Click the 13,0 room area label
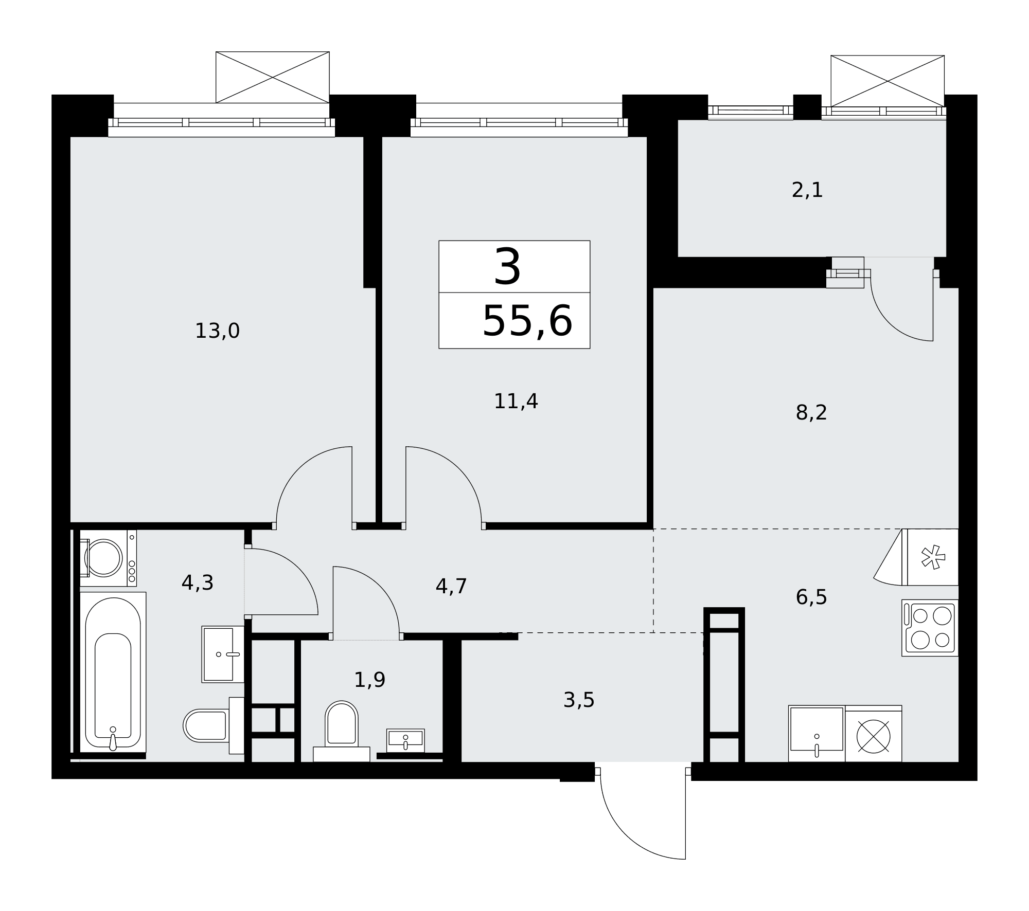217,331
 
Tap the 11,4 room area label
516,402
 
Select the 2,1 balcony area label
807,190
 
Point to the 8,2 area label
811,412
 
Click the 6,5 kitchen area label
811,597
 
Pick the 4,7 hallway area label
451,587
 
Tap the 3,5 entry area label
579,700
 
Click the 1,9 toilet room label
369,680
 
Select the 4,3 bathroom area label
197,583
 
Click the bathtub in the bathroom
113,672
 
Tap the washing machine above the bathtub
108,558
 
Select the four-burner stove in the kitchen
930,628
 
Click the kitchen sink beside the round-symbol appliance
817,734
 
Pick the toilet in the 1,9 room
342,731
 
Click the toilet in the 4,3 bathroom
214,725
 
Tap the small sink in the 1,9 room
405,740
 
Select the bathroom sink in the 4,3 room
223,654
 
